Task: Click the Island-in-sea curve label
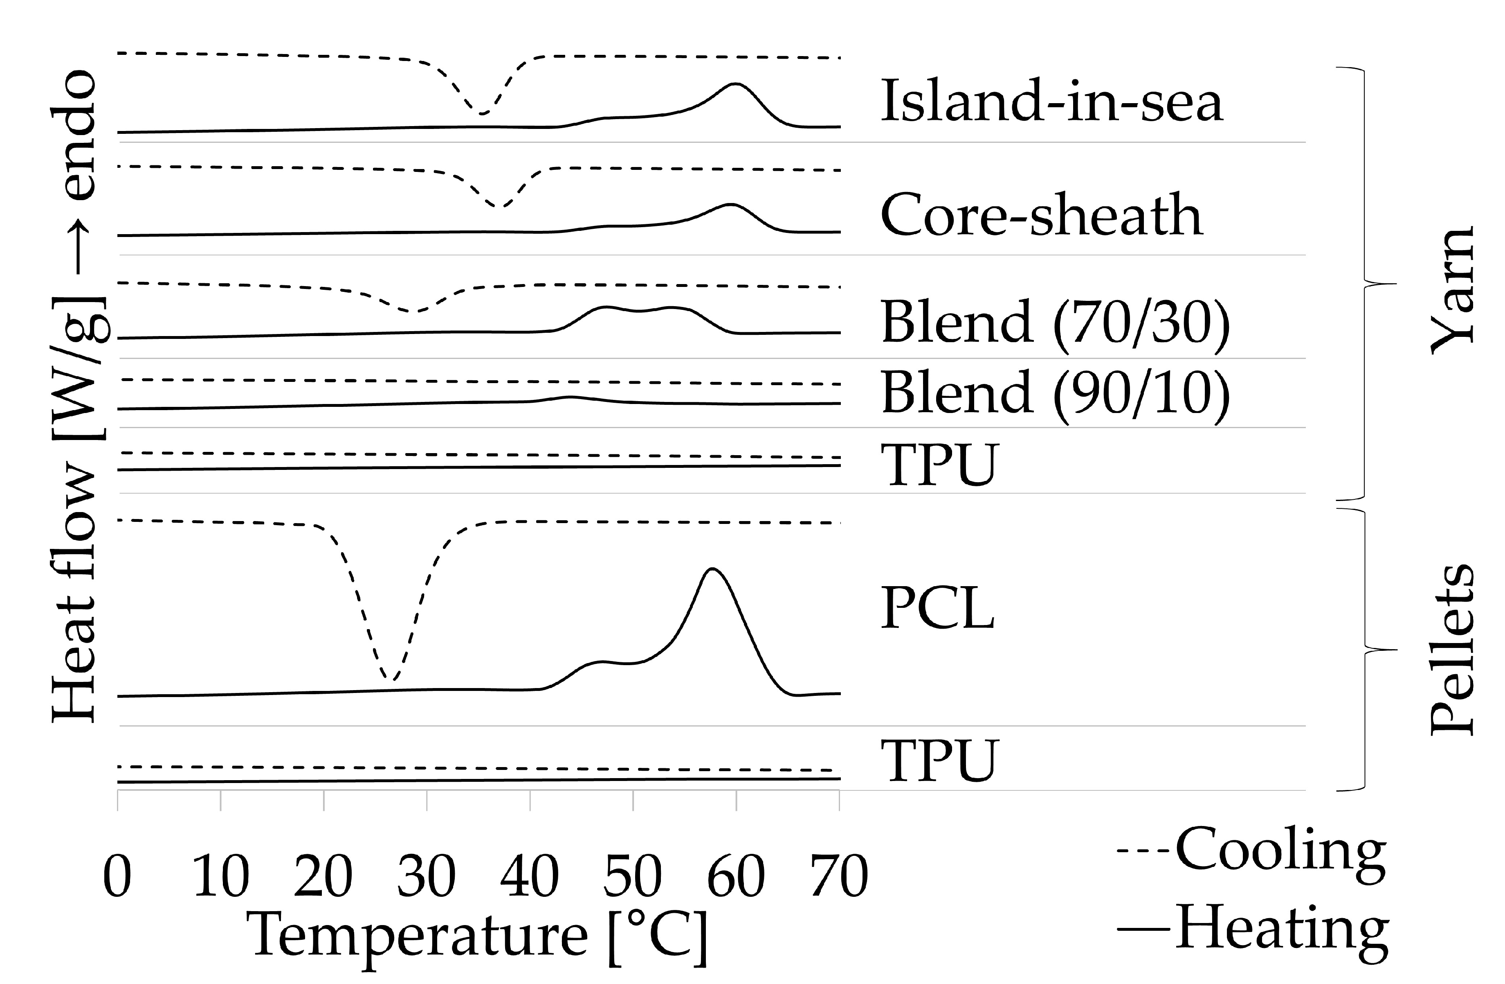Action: [x=1051, y=101]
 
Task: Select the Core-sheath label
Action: [x=1041, y=215]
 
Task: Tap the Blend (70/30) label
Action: [x=1055, y=323]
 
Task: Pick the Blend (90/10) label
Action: [x=1055, y=393]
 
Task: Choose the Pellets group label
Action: [x=1452, y=649]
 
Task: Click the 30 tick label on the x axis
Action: [x=427, y=877]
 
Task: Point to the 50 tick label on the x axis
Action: [x=633, y=877]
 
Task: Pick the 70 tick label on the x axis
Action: [x=839, y=877]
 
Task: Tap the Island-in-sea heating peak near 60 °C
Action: [x=735, y=84]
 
